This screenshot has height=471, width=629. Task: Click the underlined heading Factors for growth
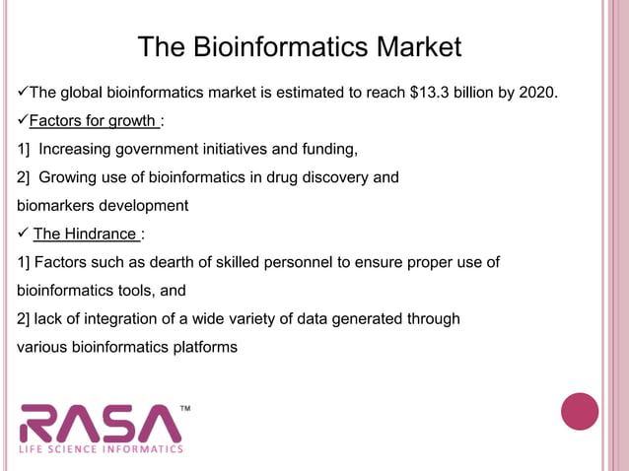pyautogui.click(x=92, y=121)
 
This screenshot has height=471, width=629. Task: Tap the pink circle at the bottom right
pyautogui.click(x=580, y=411)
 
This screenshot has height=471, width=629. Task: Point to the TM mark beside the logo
pyautogui.click(x=184, y=406)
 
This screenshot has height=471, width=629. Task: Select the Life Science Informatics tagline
pyautogui.click(x=102, y=449)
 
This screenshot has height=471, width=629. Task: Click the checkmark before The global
pyautogui.click(x=24, y=94)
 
